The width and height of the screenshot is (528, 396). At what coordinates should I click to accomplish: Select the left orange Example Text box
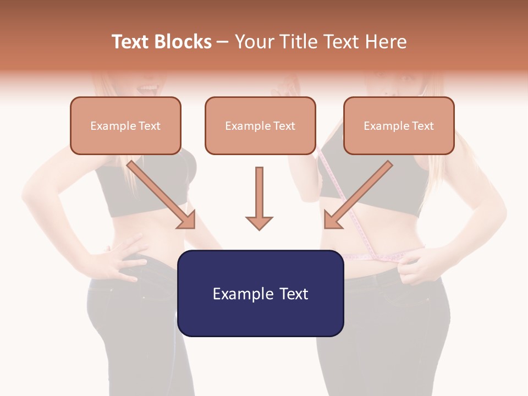[x=125, y=125]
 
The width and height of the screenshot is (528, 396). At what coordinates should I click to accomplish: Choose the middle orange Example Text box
[x=260, y=125]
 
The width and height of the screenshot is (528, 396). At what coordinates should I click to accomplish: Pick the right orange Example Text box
[x=399, y=125]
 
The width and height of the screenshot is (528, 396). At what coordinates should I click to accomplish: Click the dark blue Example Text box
[x=260, y=293]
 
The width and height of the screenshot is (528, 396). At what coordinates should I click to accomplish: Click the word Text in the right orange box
[x=422, y=126]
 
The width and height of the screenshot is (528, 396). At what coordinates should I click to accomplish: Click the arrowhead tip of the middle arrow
[x=259, y=228]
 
